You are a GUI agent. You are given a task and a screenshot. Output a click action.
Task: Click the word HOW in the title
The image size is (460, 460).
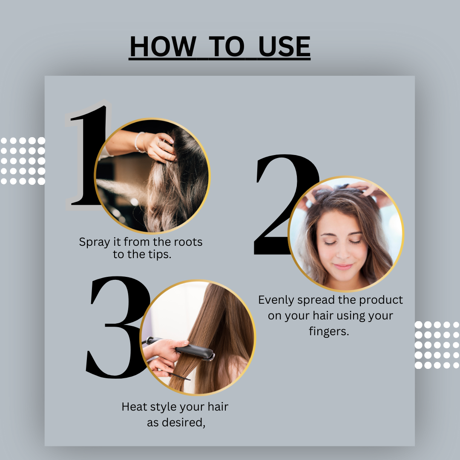pos(163,46)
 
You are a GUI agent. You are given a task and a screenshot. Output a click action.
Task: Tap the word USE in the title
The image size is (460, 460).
pos(284,46)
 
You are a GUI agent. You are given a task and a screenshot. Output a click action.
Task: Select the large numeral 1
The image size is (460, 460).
pos(88,155)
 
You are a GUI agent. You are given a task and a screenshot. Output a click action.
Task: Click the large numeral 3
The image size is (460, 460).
pos(118,327)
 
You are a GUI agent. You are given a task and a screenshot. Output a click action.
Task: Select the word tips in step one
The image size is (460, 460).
pos(159,255)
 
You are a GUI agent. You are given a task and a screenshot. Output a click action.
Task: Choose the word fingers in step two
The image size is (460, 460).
pos(329,331)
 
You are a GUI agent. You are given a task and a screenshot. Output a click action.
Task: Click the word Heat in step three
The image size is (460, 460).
pos(134,407)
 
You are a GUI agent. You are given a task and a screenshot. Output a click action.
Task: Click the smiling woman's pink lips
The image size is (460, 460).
pos(343,267)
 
